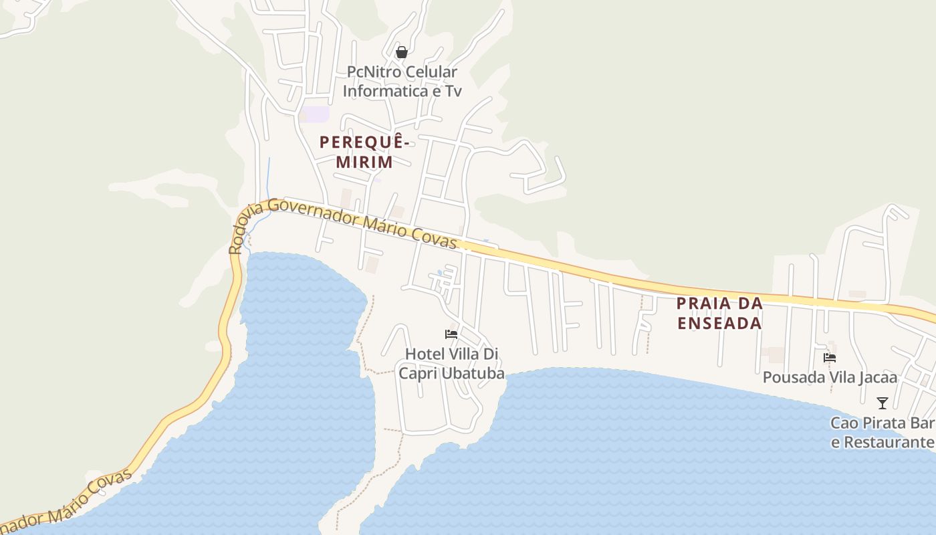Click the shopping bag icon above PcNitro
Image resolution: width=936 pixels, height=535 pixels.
pos(402,52)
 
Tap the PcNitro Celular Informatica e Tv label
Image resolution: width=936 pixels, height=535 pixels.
pos(402,82)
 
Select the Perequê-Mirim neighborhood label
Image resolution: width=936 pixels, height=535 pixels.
pos(364,152)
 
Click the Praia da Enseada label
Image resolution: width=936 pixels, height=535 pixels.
pos(719,313)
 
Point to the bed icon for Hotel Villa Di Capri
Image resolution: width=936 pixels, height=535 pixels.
pos(451,334)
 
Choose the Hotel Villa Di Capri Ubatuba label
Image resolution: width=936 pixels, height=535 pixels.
pos(452,364)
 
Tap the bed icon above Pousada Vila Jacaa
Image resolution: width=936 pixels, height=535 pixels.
pos(830,358)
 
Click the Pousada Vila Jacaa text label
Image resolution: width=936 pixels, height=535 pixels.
pos(830,378)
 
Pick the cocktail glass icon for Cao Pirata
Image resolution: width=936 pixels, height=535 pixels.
pos(883,403)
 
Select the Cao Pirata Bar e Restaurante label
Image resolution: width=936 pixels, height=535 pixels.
pos(882,433)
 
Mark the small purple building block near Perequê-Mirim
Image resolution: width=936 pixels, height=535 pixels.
pos(314,114)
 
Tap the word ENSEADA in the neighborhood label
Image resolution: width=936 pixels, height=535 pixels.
pos(719,323)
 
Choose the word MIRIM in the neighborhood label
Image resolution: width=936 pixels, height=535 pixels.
pos(364,162)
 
